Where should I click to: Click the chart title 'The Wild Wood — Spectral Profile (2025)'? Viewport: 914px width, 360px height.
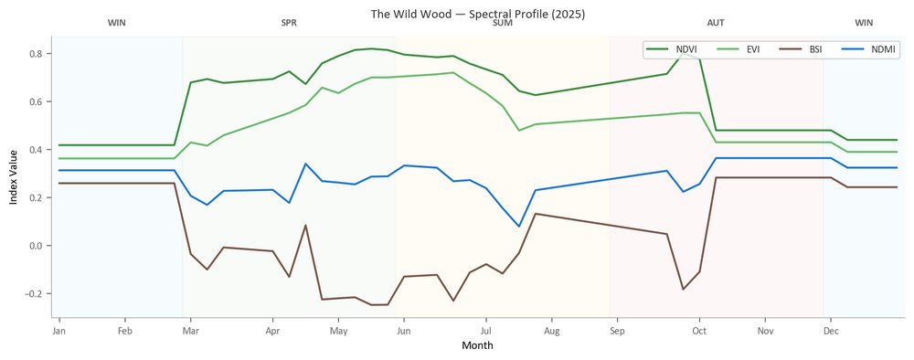477,14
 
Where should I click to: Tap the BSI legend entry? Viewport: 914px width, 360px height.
801,49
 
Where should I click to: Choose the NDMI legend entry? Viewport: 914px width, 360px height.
868,49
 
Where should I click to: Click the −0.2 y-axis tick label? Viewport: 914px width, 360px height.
37,293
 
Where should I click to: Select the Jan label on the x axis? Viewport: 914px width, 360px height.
58,332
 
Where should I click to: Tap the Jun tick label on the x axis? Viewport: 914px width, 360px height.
404,332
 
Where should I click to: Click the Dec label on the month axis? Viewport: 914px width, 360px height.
831,332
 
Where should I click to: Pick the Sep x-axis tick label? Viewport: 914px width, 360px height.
617,332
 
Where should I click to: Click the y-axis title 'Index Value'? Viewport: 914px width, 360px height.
14,176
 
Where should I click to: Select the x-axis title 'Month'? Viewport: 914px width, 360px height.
477,346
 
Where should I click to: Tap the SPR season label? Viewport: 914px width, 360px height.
289,24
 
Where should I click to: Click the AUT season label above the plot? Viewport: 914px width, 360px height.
715,24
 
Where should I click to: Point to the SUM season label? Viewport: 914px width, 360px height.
503,24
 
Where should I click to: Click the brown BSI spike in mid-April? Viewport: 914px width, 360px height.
305,226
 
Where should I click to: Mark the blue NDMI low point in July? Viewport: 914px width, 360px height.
519,226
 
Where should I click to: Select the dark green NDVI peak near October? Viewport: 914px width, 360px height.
686,54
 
